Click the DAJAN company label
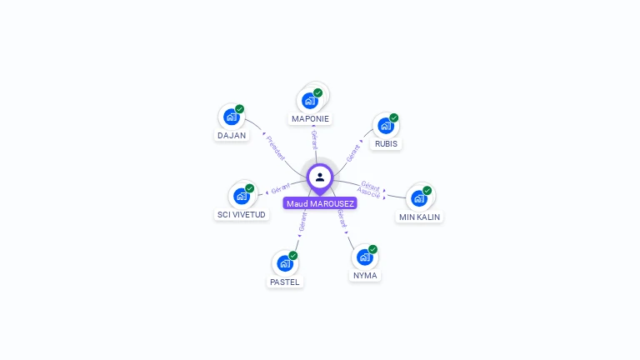[x=232, y=135]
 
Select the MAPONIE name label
[x=310, y=118]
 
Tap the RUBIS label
[x=386, y=143]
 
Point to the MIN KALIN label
[x=419, y=217]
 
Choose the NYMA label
[x=365, y=275]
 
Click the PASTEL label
[x=284, y=282]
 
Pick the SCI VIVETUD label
[x=242, y=214]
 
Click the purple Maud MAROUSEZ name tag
[x=320, y=203]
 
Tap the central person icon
[x=320, y=177]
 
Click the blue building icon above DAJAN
[x=231, y=117]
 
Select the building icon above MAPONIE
[x=310, y=101]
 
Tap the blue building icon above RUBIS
[x=385, y=126]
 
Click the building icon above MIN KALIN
[x=418, y=198]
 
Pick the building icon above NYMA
[x=364, y=257]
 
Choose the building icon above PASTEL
[x=284, y=264]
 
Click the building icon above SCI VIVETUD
[x=241, y=196]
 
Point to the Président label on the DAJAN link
[x=276, y=147]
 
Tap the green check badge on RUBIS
[x=394, y=117]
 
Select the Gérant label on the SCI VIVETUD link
[x=281, y=188]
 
